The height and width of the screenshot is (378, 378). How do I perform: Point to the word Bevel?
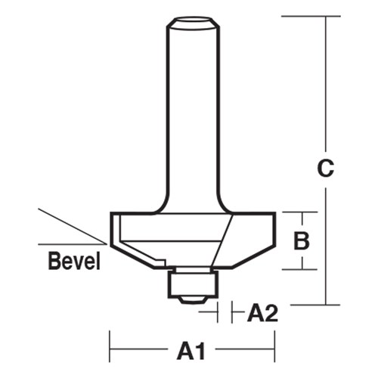[x=75, y=262]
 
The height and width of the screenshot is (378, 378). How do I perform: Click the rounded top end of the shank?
[x=191, y=26]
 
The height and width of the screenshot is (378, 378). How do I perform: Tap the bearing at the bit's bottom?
[x=192, y=283]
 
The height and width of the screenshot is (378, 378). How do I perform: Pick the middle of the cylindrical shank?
[x=192, y=113]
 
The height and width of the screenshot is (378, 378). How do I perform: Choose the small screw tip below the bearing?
[x=192, y=300]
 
